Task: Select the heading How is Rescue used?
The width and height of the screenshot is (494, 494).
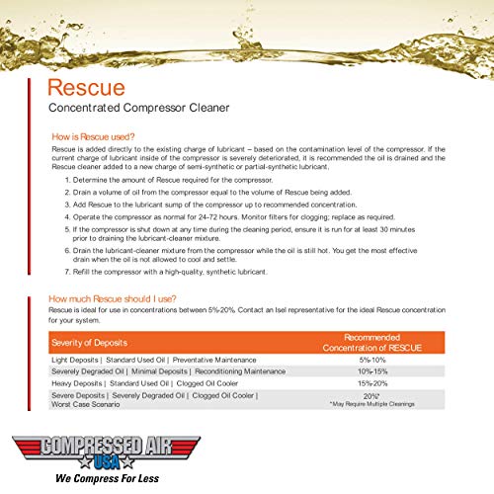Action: click(x=97, y=138)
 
